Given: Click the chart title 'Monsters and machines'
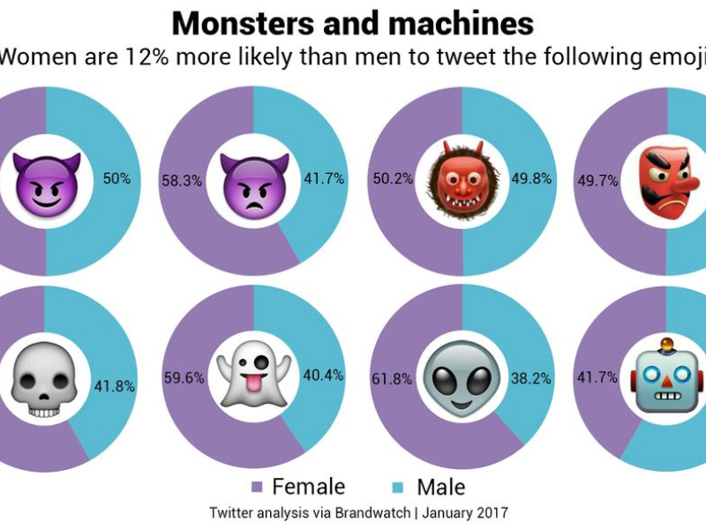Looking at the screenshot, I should (352, 22).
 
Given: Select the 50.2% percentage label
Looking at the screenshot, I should (393, 179).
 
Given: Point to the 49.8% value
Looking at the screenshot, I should (531, 179).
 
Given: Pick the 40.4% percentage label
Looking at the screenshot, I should (323, 376).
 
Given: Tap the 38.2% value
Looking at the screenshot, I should (531, 379).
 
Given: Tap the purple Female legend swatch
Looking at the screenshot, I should (257, 487).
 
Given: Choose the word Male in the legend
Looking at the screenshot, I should (440, 487).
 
